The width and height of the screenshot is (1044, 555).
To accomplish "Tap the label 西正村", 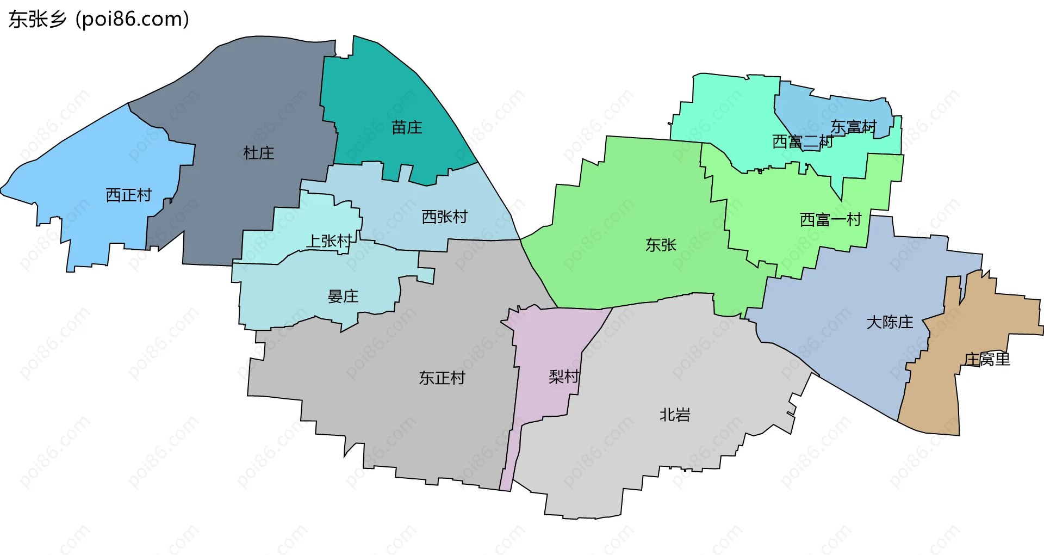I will (128, 195).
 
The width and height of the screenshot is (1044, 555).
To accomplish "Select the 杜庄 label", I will (258, 153).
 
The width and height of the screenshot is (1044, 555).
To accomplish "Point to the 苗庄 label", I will (407, 127).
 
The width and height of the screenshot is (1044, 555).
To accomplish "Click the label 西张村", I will (444, 217).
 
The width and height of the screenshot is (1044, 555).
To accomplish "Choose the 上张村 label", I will (328, 240).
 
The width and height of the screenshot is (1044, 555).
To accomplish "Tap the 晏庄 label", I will (343, 296).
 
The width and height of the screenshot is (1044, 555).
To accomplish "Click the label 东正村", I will (442, 378).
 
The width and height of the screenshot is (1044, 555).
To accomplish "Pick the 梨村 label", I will (563, 376).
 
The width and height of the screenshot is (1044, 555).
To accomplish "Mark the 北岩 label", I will (674, 415).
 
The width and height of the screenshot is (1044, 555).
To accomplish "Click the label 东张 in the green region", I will (661, 245).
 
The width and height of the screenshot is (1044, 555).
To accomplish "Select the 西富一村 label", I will (830, 219).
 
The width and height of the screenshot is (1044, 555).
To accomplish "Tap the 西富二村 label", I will (803, 141).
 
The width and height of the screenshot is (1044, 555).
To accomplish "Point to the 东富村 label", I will (853, 127).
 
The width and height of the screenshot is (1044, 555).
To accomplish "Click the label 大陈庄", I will (890, 322).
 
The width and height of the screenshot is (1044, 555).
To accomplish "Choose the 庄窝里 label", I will (986, 359).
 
